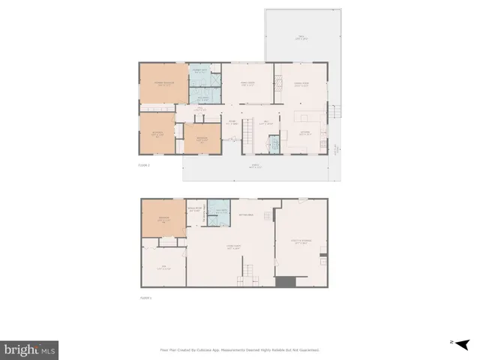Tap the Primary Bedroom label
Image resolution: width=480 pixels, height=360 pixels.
click(x=163, y=83)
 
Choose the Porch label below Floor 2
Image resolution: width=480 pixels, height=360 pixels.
click(x=255, y=166)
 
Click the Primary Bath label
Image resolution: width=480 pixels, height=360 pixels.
click(x=199, y=71)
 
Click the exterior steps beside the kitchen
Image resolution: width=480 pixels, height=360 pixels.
click(x=337, y=112)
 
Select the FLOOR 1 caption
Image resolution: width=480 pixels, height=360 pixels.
click(x=145, y=298)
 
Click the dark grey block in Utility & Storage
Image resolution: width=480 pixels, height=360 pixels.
click(x=285, y=281)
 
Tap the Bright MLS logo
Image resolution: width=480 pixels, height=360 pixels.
click(x=30, y=350)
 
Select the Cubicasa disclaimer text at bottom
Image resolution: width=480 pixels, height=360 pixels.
click(x=240, y=349)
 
